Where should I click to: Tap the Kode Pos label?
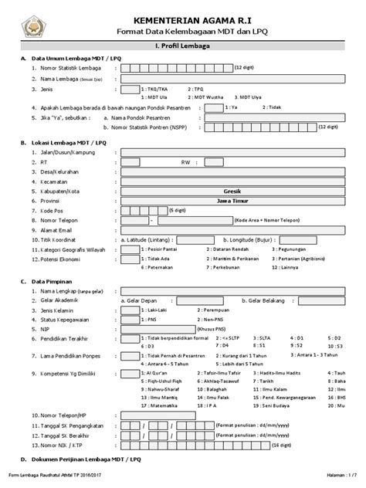point(46,209)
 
